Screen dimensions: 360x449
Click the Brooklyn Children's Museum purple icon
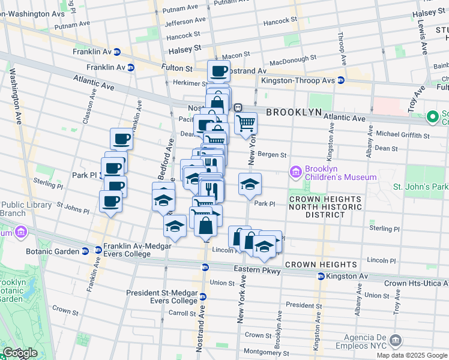pos(295,173)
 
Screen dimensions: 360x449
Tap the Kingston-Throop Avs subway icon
pos(340,80)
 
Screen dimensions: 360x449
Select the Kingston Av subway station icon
pos(321,276)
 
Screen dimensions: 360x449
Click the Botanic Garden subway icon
pos(98,250)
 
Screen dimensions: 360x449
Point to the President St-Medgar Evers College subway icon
pos(203,296)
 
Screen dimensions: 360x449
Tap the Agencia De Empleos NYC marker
pos(395,341)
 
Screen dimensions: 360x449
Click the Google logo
pos(19,353)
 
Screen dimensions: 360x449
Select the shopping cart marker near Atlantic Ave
pos(245,124)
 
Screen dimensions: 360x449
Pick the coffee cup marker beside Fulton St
pos(219,71)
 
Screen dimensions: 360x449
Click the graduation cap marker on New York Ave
pos(250,184)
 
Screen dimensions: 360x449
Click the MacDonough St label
pos(293,60)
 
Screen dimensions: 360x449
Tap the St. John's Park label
pos(420,187)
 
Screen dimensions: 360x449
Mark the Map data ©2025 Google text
pos(411,355)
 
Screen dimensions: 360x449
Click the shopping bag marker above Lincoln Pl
pos(205,226)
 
